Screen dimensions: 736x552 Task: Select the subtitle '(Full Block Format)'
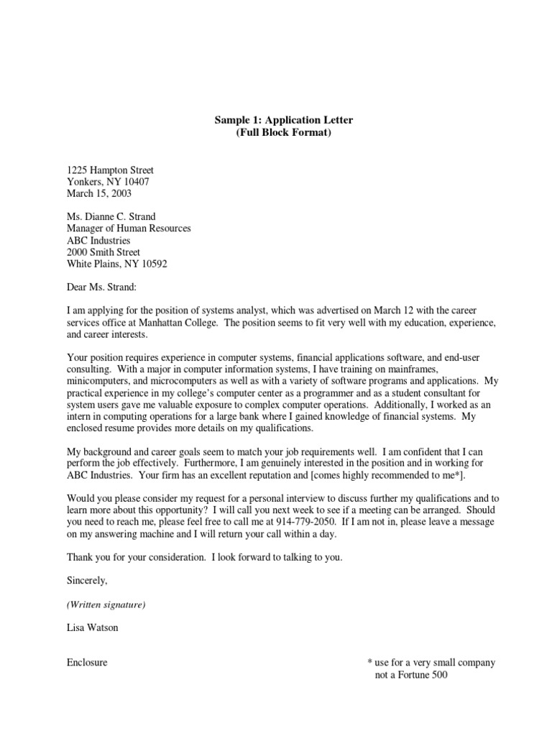(x=276, y=133)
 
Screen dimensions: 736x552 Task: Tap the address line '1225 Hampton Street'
(x=110, y=170)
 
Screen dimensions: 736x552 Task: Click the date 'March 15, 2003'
(x=99, y=193)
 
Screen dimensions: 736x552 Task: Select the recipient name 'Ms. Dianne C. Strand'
(x=111, y=217)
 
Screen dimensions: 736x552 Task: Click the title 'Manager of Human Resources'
(x=129, y=229)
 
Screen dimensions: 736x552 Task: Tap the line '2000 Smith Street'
(x=103, y=252)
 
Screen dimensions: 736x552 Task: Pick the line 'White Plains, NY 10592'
(x=116, y=264)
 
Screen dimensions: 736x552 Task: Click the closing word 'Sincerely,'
(x=87, y=580)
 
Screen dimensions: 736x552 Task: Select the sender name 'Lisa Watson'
(x=93, y=627)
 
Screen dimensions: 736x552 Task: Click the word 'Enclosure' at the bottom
(x=87, y=663)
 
